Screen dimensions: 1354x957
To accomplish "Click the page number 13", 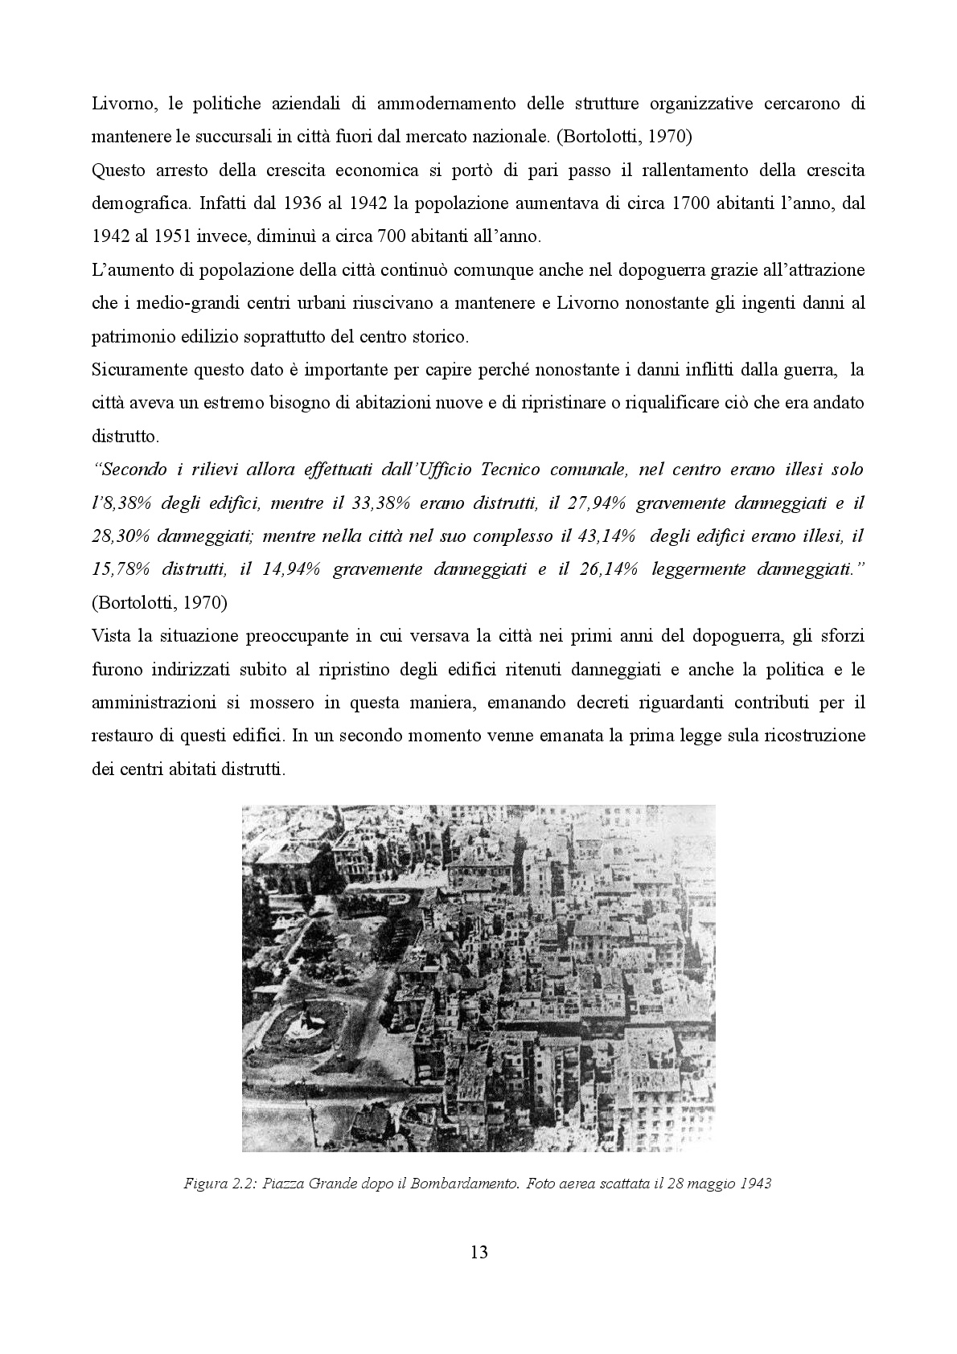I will pos(478,1252).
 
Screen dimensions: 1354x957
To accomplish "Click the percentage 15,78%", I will pos(121,569).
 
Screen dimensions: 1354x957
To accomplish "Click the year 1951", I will pos(179,237).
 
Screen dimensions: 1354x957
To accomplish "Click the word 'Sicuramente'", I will pos(138,370).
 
